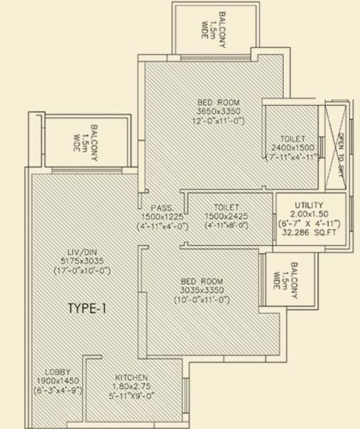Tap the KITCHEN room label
tap(132, 377)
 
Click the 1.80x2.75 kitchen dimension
tap(133, 386)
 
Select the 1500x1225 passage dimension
tap(158, 217)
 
